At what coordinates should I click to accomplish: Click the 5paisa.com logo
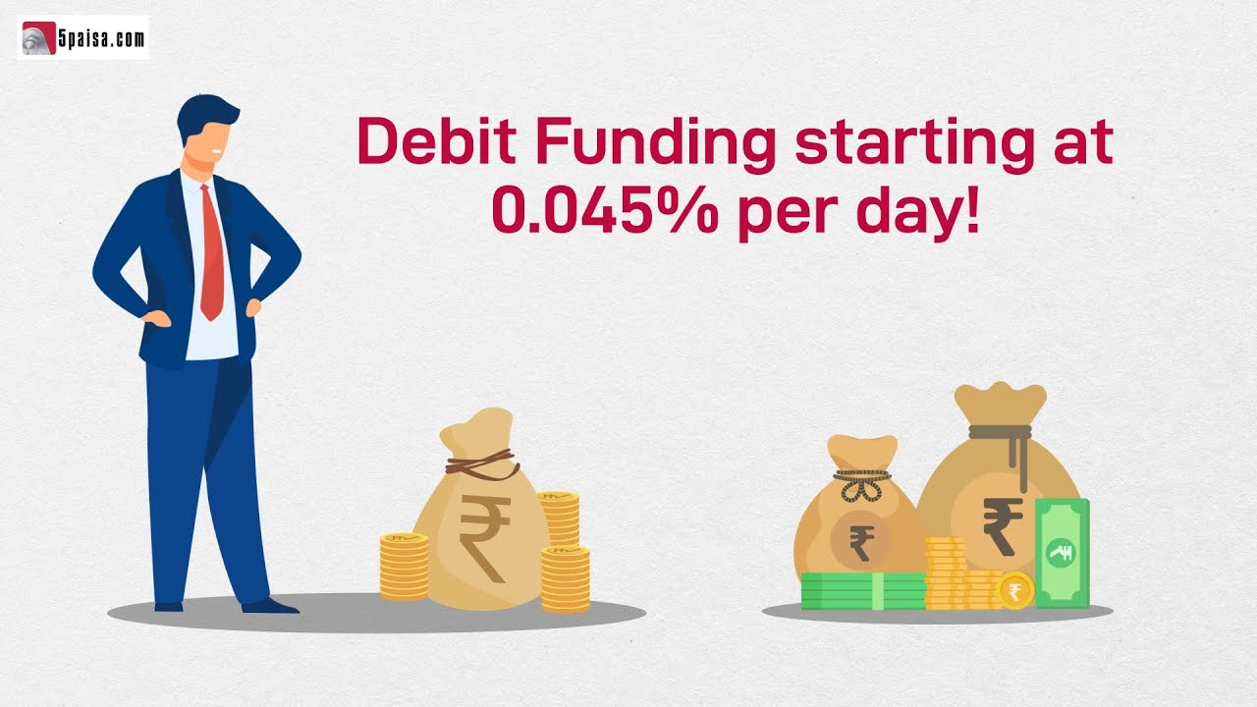click(83, 38)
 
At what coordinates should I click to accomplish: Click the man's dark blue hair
click(205, 116)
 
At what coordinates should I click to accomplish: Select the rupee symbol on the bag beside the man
click(483, 535)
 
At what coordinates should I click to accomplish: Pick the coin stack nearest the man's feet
click(405, 567)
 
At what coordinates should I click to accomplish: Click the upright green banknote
click(1062, 553)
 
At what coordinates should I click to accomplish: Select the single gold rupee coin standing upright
click(1015, 590)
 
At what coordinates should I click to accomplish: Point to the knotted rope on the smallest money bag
click(861, 485)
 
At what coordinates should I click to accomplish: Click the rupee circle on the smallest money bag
click(861, 541)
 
